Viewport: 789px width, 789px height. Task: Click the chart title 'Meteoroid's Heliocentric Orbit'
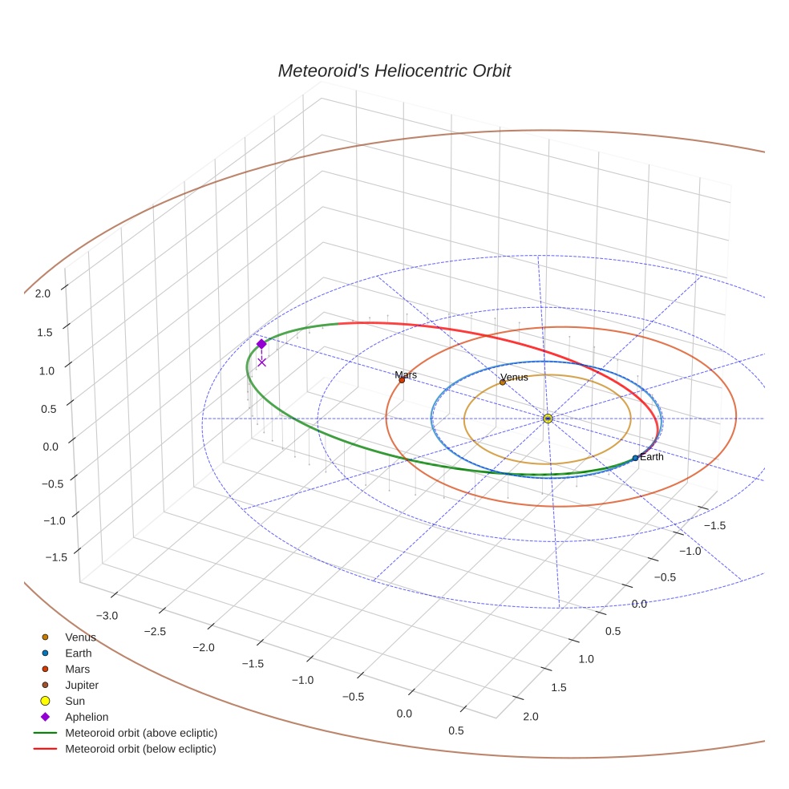pyautogui.click(x=394, y=71)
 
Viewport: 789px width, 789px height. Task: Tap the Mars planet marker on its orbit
pyautogui.click(x=402, y=380)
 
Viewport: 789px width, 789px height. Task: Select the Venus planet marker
pyautogui.click(x=503, y=382)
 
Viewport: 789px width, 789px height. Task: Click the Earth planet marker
pyautogui.click(x=635, y=458)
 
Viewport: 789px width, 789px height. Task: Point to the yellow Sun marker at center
pyautogui.click(x=548, y=419)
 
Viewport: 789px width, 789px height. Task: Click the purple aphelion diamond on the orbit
pyautogui.click(x=261, y=344)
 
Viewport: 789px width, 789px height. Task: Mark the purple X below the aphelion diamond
pyautogui.click(x=261, y=362)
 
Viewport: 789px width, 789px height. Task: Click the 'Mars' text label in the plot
pyautogui.click(x=406, y=374)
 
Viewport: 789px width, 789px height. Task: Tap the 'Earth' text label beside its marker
pyautogui.click(x=652, y=457)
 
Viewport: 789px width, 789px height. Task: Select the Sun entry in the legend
pyautogui.click(x=75, y=701)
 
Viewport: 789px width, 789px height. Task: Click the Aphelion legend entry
pyautogui.click(x=87, y=717)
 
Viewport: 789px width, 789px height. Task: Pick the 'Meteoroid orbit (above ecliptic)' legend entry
pyautogui.click(x=141, y=733)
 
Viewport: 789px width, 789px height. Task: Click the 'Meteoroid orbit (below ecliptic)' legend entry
pyautogui.click(x=140, y=749)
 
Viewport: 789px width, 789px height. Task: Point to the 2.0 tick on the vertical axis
pyautogui.click(x=42, y=293)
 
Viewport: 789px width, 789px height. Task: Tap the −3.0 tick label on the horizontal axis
pyautogui.click(x=107, y=615)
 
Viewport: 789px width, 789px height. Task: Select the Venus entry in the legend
pyautogui.click(x=80, y=637)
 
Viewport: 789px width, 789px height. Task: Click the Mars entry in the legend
pyautogui.click(x=77, y=669)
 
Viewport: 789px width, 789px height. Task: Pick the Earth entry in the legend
pyautogui.click(x=78, y=653)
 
